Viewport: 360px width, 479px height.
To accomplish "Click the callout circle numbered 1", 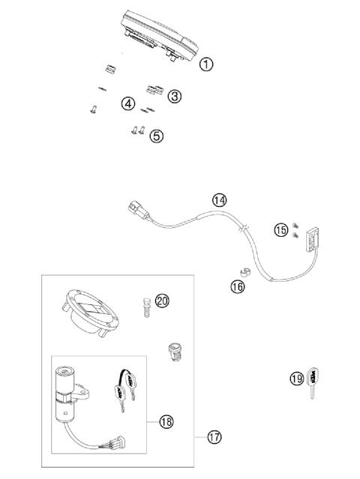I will tap(206, 64).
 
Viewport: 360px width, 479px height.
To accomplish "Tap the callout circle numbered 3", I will tap(174, 96).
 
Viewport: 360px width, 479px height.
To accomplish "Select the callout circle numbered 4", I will tap(128, 103).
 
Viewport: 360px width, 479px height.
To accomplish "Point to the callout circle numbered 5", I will tap(155, 136).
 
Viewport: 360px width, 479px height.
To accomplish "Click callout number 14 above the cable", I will tap(218, 200).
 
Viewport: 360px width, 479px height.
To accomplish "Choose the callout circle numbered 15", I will tap(280, 229).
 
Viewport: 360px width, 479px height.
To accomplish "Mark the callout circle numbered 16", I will tap(237, 286).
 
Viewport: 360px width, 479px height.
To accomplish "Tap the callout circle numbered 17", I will tap(214, 436).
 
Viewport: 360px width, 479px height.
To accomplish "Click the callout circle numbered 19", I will tap(296, 379).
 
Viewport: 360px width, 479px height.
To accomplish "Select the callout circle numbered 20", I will tap(162, 301).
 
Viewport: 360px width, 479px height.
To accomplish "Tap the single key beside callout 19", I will tap(311, 383).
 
